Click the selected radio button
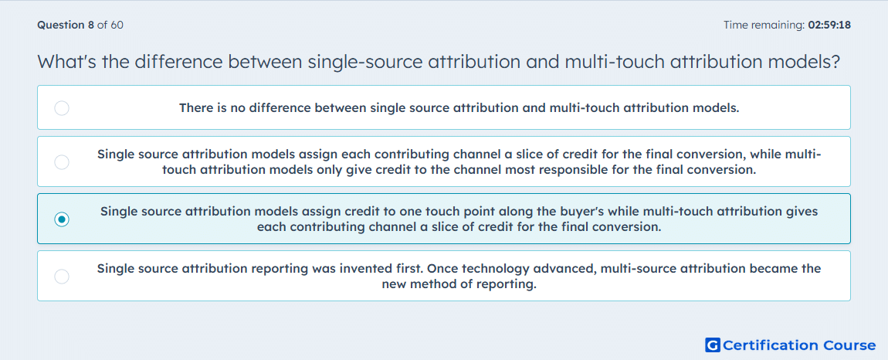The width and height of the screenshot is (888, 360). point(62,219)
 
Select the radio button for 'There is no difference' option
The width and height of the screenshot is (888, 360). point(62,107)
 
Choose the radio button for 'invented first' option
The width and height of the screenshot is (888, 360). point(62,276)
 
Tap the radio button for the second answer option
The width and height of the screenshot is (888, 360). point(62,162)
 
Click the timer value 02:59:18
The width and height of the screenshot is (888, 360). point(829,25)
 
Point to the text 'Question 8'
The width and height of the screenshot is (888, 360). point(66,25)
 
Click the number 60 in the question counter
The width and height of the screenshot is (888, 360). point(117,25)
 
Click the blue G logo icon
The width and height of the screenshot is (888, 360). point(713,345)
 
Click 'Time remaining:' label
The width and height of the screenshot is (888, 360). point(764,25)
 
